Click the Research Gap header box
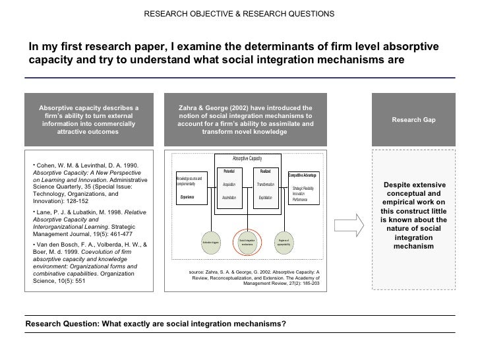click(x=413, y=119)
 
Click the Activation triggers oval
click(x=210, y=243)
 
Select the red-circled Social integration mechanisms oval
click(x=247, y=243)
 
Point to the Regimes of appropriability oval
click(x=284, y=243)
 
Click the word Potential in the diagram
click(x=229, y=171)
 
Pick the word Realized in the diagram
click(x=266, y=171)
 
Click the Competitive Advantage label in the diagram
click(x=303, y=175)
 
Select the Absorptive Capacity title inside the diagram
click(x=247, y=159)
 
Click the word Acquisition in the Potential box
click(x=229, y=185)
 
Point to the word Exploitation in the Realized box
click(x=266, y=197)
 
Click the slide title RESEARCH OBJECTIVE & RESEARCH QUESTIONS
click(x=239, y=14)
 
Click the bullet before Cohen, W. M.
click(x=34, y=164)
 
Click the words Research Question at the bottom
click(x=57, y=324)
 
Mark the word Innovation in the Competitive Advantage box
click(x=298, y=193)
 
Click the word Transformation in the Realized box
click(x=266, y=185)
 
